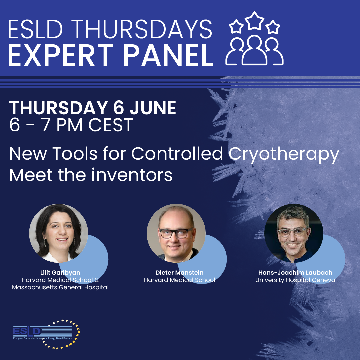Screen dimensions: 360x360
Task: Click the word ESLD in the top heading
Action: point(35,29)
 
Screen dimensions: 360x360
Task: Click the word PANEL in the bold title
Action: point(169,55)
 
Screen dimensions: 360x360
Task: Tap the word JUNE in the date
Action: point(153,108)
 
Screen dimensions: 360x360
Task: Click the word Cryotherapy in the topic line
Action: point(284,154)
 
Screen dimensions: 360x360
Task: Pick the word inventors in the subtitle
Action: point(132,175)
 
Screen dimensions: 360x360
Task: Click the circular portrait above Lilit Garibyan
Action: point(59,233)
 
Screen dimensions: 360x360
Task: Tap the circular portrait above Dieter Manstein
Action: point(176,233)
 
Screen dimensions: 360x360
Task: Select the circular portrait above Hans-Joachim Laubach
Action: point(294,233)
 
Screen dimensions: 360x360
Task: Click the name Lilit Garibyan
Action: point(60,273)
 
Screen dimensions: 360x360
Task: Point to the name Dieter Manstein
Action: point(180,273)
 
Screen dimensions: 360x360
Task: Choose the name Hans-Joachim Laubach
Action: point(295,273)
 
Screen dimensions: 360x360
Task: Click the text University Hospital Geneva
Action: point(295,280)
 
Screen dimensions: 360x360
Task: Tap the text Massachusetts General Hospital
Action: point(60,287)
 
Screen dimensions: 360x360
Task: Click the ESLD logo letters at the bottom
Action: point(27,331)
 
